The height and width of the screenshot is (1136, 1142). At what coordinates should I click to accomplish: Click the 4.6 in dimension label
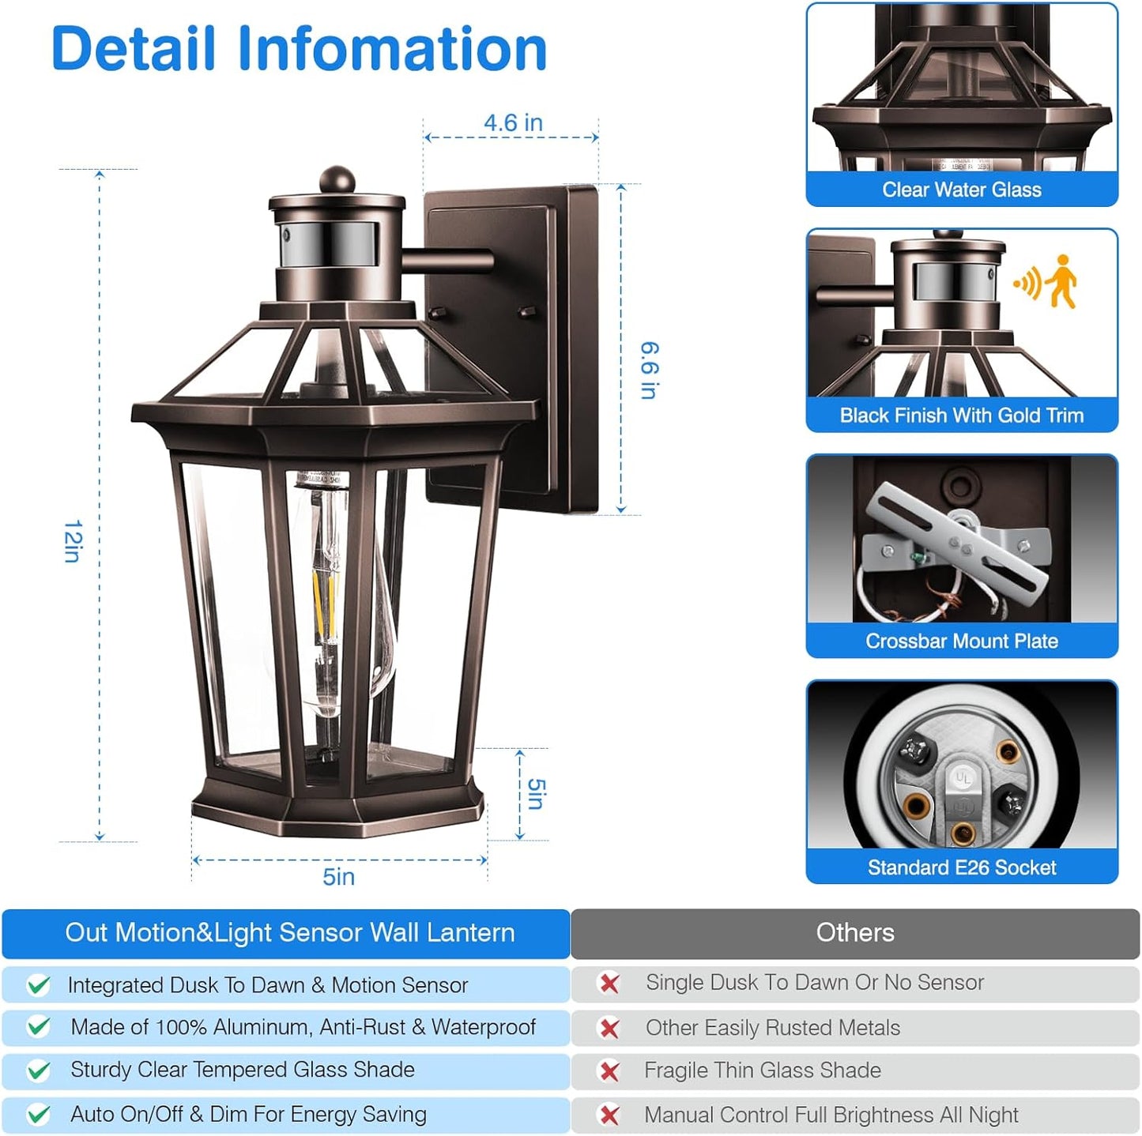(x=513, y=123)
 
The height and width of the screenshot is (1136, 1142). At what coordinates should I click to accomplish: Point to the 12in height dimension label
(x=73, y=541)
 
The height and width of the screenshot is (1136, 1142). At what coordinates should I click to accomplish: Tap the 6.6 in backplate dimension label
(x=649, y=371)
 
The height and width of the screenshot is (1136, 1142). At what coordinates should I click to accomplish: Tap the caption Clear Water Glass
(x=961, y=190)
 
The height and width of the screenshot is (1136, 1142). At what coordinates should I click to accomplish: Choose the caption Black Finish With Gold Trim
(x=961, y=416)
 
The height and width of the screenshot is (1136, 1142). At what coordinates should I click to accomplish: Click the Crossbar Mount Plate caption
(x=961, y=641)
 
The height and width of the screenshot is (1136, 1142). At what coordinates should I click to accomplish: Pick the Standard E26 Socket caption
(x=961, y=867)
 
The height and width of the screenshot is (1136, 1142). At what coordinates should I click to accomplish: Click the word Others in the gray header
(x=855, y=933)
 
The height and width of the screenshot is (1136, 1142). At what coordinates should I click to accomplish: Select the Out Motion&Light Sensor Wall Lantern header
(x=289, y=933)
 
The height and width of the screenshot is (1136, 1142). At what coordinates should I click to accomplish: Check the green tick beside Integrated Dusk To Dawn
(x=38, y=985)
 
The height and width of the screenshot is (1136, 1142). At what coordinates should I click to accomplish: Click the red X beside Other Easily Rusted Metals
(x=609, y=1028)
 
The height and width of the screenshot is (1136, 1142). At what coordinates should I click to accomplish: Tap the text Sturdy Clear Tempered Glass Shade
(x=242, y=1070)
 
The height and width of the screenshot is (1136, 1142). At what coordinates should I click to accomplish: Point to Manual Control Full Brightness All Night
(x=831, y=1115)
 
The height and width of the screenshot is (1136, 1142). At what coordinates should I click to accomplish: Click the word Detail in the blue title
(x=133, y=49)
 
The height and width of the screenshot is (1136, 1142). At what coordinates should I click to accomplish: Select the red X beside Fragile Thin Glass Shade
(x=609, y=1071)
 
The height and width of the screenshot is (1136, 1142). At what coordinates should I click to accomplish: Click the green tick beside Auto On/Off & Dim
(x=38, y=1115)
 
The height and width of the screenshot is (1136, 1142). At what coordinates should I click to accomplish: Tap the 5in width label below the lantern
(x=338, y=877)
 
